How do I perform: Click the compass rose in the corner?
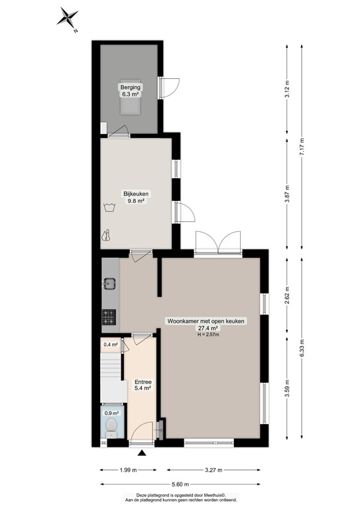(x=68, y=18)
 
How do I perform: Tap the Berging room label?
(x=130, y=90)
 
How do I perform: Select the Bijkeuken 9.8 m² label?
(x=137, y=198)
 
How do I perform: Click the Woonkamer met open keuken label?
(x=206, y=325)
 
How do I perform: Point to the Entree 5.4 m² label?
(x=143, y=385)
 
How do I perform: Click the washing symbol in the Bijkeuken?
(x=109, y=207)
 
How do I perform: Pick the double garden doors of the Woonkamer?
(x=218, y=243)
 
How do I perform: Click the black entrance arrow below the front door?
(x=142, y=453)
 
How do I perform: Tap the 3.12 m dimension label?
(x=287, y=88)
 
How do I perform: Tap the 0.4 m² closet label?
(x=109, y=345)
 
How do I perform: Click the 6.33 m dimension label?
(x=302, y=348)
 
